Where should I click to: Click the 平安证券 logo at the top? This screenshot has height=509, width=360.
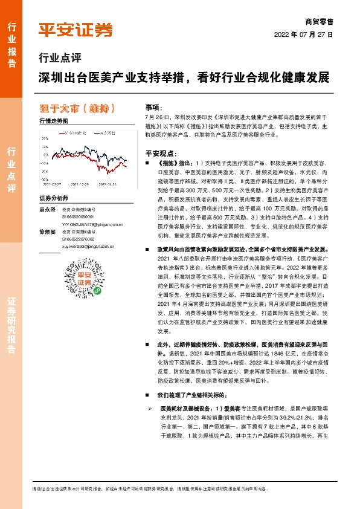75,29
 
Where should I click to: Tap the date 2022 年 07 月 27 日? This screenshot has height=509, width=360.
308,34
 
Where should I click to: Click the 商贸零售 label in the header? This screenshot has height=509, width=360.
320,21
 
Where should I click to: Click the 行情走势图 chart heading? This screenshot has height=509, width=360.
53,122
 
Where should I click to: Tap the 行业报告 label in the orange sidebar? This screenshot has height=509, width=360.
11,40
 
